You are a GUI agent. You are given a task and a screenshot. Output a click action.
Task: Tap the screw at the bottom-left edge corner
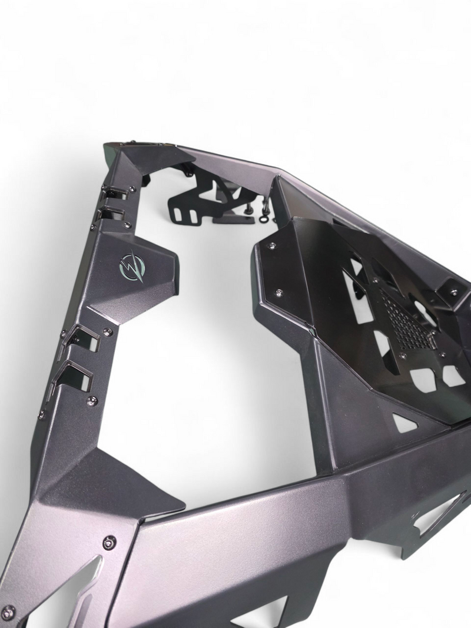(9, 610)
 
